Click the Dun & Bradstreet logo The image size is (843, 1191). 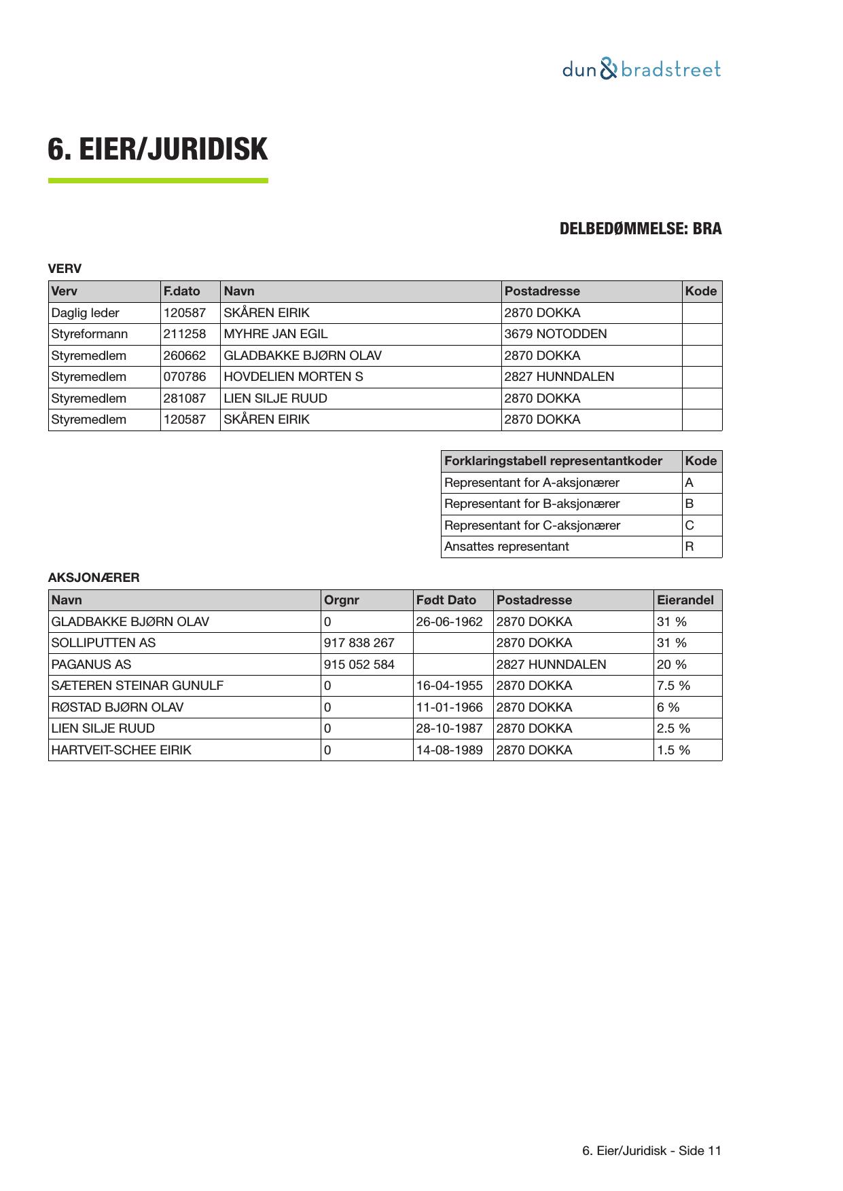641,69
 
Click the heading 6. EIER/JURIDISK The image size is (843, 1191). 158,149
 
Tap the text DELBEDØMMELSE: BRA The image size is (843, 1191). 640,229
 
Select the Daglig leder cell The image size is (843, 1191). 86,313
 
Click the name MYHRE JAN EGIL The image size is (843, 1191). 275,334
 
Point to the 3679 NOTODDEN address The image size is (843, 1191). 556,334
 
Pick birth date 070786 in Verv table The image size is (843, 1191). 185,377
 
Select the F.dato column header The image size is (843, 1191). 182,291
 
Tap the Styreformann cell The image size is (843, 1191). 90,334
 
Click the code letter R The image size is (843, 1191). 689,547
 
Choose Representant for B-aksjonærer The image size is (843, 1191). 532,504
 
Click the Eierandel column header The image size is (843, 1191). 685,600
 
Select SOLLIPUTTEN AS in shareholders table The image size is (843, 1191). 103,643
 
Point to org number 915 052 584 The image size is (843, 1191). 359,665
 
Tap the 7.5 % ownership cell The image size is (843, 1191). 673,686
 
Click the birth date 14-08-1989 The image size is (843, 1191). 449,750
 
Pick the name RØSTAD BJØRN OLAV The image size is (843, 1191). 118,708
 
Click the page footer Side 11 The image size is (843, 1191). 651,1151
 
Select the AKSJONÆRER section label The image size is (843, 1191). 94,578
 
